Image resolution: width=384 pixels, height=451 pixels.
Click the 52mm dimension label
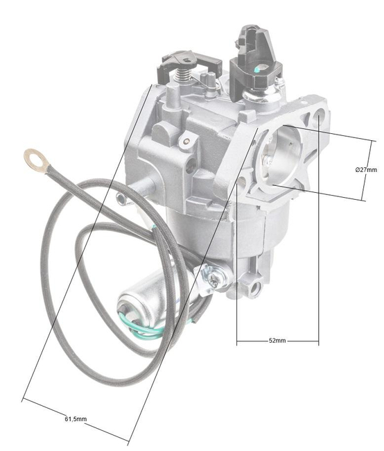coord(277,341)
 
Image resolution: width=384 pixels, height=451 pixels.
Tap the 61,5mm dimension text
coord(76,419)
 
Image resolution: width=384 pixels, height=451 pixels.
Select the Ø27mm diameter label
coord(365,169)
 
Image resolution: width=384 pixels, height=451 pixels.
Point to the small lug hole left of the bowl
coord(121,201)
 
